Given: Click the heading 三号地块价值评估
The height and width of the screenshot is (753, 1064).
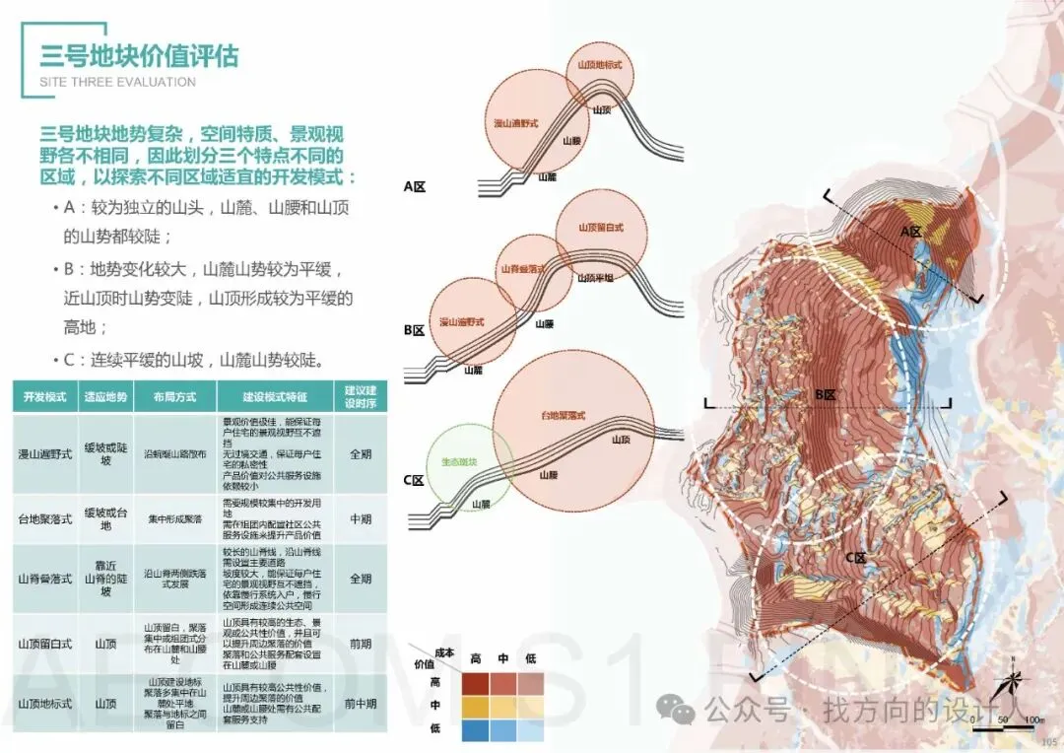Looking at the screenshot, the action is point(139,54).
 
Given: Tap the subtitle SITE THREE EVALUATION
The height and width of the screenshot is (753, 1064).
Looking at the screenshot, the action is point(117,82).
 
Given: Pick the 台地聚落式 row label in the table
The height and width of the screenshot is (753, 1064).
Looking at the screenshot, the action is point(45,519).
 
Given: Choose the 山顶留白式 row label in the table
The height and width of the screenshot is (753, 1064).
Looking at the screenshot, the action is point(45,644).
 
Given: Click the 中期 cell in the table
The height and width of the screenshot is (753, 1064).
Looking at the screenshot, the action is point(359,519).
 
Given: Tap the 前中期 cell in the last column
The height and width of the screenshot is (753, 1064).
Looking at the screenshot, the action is point(359,704).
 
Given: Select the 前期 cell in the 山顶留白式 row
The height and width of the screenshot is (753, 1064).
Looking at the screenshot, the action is point(359,644).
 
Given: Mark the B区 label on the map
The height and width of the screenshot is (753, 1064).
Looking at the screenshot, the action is point(825,394).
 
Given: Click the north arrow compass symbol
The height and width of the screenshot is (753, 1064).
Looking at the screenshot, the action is point(1012,683).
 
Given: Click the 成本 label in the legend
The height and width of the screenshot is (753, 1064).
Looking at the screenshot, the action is point(443,652).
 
